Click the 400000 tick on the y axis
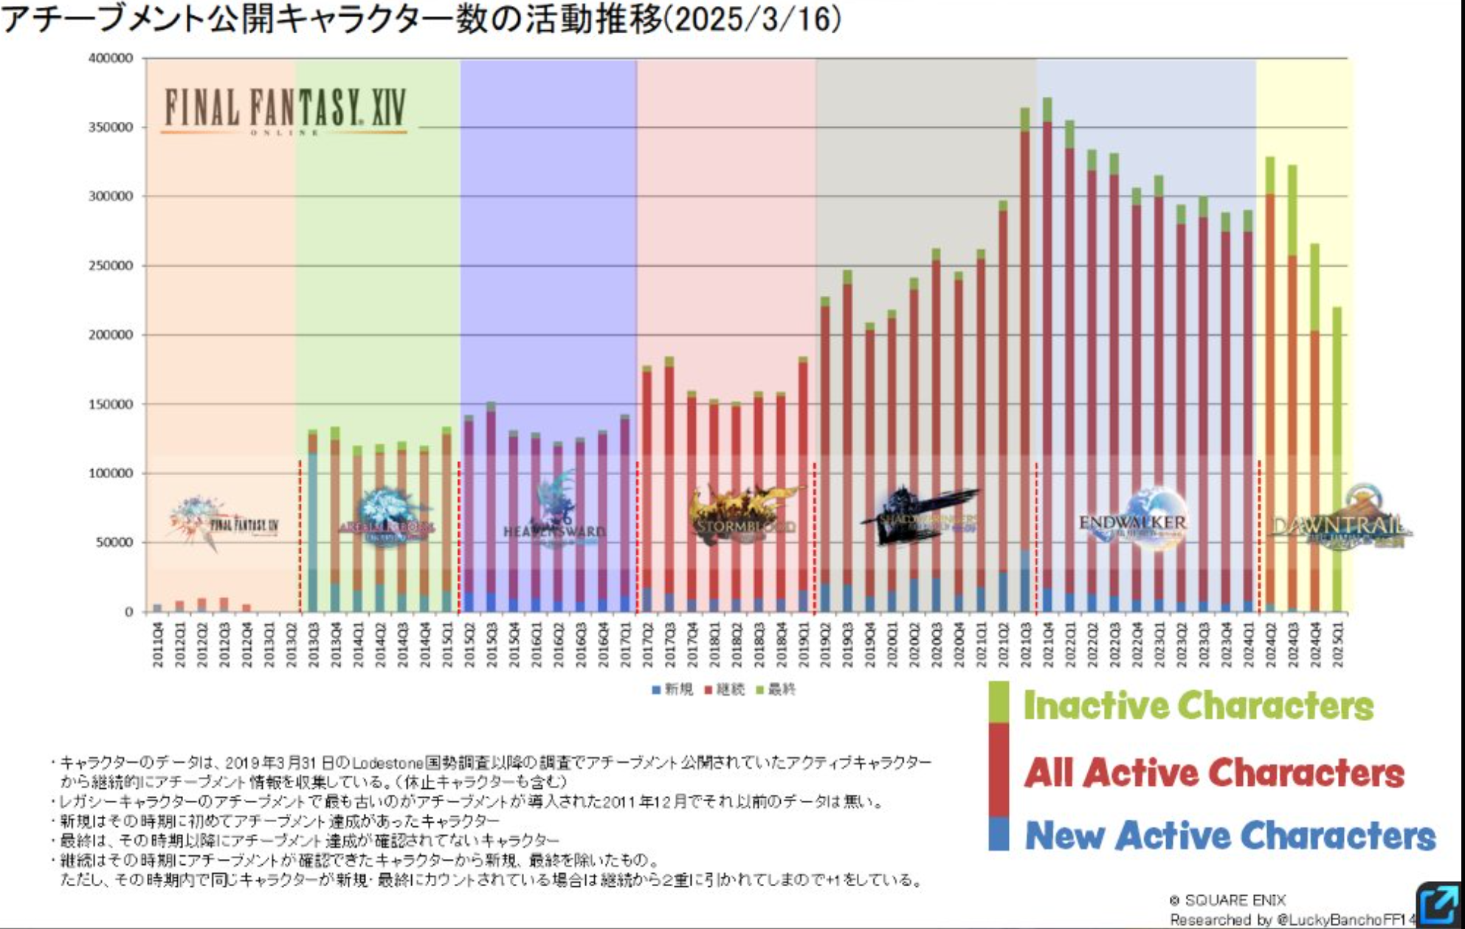(x=111, y=58)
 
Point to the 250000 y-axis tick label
(x=111, y=266)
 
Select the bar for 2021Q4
(x=1047, y=354)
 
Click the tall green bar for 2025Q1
(x=1337, y=457)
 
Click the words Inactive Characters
(x=1199, y=705)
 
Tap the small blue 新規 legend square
(x=655, y=690)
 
